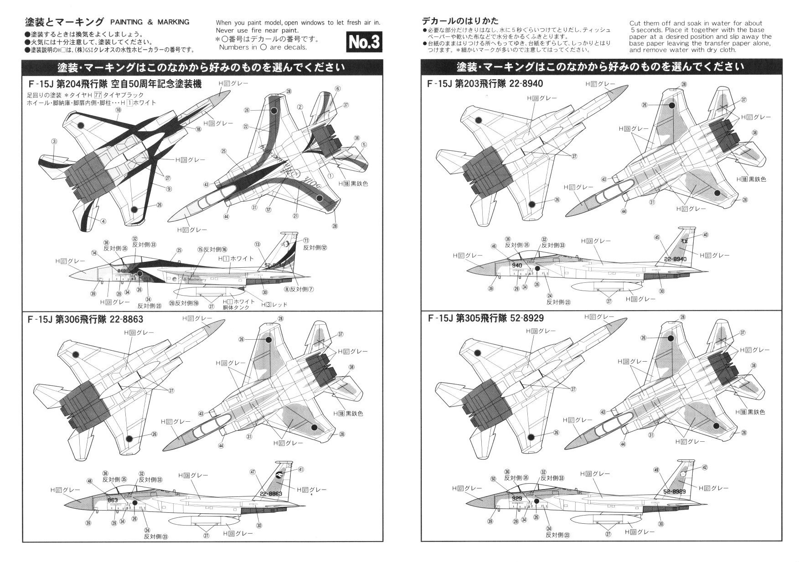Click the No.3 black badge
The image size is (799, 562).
[364, 42]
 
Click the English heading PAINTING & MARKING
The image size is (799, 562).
[149, 22]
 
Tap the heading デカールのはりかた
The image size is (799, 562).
[460, 20]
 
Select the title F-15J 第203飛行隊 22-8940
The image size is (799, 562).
[485, 84]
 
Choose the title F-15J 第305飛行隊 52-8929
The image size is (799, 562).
[486, 318]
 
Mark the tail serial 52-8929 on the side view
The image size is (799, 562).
[674, 491]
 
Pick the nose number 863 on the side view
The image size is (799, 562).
[113, 500]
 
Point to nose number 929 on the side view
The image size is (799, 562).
[517, 498]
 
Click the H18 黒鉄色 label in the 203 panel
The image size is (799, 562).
[751, 179]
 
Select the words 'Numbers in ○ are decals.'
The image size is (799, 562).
[263, 47]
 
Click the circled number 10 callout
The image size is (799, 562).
[118, 110]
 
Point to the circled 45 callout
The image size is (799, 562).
[657, 237]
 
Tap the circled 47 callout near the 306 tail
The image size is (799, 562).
[253, 472]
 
